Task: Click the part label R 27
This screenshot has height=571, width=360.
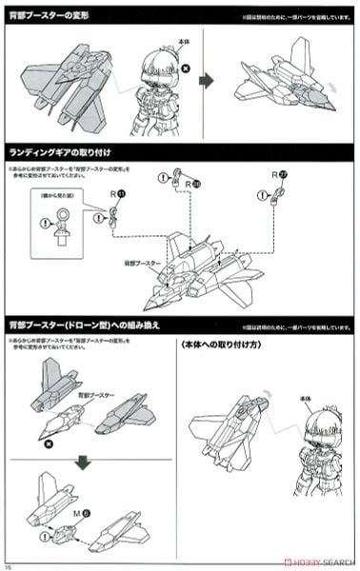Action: [x=278, y=175]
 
